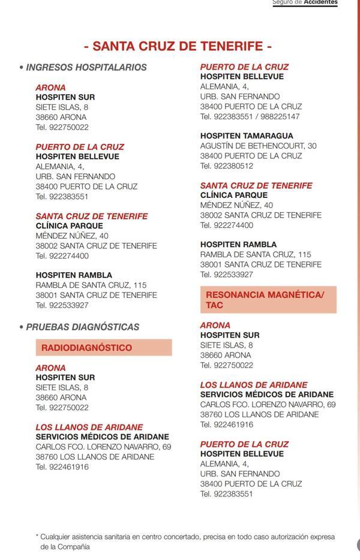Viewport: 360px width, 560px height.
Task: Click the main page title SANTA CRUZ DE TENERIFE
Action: (178, 46)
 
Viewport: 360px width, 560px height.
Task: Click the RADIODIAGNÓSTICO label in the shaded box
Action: (87, 348)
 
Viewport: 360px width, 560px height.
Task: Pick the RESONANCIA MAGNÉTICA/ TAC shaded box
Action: (268, 300)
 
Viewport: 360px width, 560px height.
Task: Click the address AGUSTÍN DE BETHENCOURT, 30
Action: (258, 146)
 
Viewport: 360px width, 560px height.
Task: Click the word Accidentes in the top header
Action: (320, 3)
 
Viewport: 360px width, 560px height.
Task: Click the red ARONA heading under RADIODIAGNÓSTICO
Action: (50, 368)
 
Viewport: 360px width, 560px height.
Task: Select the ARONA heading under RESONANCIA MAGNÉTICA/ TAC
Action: (215, 326)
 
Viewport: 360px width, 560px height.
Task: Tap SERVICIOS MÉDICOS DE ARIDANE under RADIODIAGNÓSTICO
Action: (102, 437)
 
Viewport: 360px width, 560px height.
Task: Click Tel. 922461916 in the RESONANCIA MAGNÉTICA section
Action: (226, 424)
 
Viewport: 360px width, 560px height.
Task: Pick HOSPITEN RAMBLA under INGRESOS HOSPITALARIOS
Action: (74, 275)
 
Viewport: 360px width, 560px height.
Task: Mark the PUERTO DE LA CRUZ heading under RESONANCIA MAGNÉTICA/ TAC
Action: (244, 444)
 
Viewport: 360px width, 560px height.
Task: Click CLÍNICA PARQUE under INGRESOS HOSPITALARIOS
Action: (69, 225)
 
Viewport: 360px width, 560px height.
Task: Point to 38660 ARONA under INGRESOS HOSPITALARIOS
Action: (61, 117)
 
